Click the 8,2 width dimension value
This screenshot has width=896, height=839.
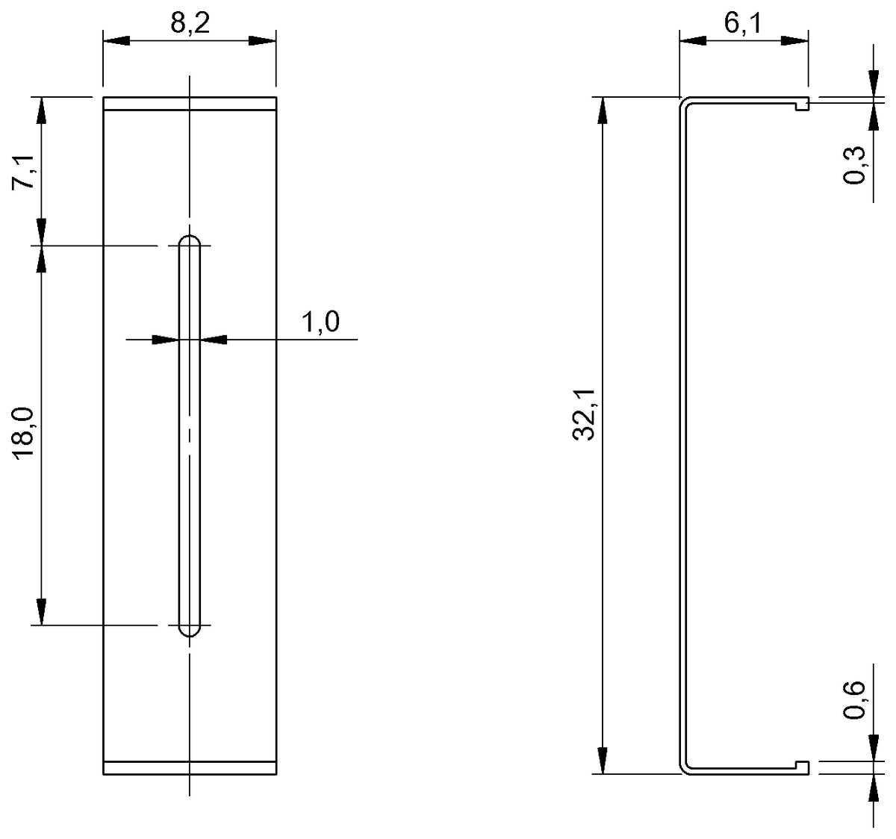(190, 24)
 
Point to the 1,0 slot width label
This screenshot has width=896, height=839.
(320, 322)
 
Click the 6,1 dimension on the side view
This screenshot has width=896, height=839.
(742, 24)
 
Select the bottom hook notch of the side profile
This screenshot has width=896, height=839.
(802, 767)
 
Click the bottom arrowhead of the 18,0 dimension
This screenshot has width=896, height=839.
(42, 611)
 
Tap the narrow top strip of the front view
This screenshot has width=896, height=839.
(190, 104)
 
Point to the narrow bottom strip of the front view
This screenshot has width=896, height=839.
(190, 768)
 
